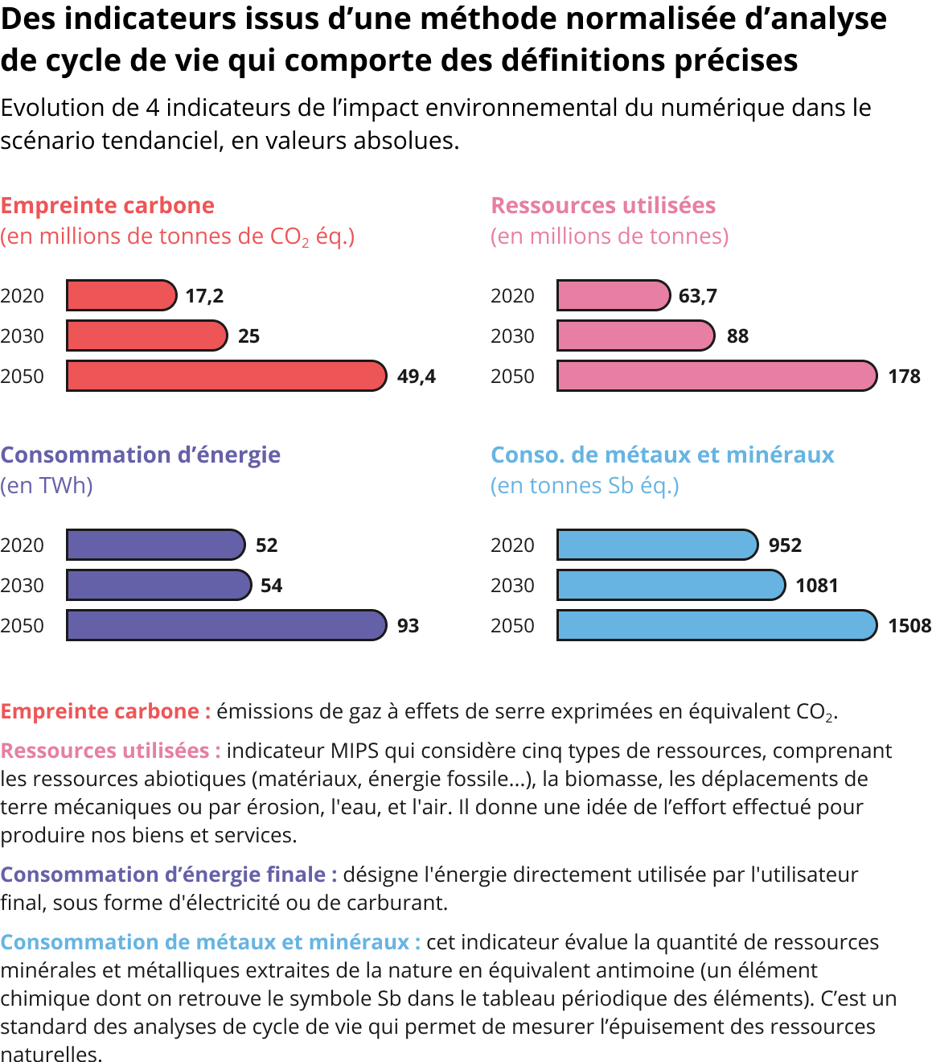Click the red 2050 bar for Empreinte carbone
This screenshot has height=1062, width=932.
(226, 376)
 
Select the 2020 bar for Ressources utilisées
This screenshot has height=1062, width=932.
(613, 295)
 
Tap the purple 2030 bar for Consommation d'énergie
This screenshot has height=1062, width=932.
(158, 585)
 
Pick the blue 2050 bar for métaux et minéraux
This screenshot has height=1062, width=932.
(716, 625)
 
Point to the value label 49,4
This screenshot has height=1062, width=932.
(416, 377)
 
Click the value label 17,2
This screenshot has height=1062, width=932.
(204, 296)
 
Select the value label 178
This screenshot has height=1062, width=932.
(904, 377)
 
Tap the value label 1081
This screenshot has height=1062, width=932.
(816, 586)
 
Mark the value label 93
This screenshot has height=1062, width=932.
(408, 626)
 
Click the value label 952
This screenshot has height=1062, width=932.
(785, 545)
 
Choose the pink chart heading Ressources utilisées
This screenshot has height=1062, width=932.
(603, 206)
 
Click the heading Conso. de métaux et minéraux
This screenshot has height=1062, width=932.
(663, 455)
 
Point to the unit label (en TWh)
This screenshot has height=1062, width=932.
(47, 486)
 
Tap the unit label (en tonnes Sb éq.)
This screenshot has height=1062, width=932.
(585, 486)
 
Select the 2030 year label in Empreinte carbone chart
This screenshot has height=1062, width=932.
(22, 336)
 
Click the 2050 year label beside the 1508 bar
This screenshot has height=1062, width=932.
(512, 626)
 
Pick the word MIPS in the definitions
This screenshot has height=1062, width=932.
(354, 751)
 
